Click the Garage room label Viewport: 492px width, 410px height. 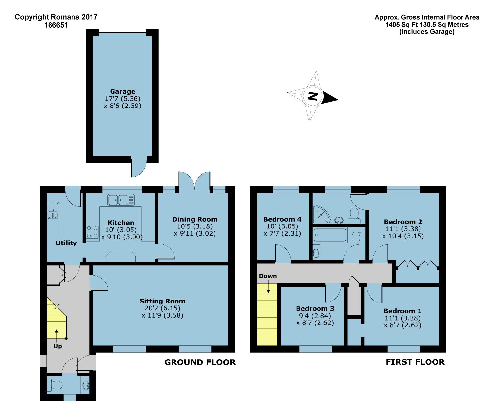[x=123, y=91]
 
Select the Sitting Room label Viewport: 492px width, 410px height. [x=162, y=301]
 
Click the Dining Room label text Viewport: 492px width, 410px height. [x=195, y=219]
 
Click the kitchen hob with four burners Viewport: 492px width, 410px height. [x=92, y=232]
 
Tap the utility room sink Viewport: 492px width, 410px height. [x=53, y=210]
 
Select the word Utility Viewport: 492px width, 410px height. [x=66, y=243]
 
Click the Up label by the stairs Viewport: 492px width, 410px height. [x=58, y=346]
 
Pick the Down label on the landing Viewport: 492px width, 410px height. [x=268, y=276]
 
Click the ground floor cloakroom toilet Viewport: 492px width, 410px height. [x=54, y=385]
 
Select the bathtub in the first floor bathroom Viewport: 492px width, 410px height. [x=330, y=235]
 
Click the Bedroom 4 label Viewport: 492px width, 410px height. [x=282, y=219]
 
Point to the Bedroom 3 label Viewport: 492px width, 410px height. [x=315, y=308]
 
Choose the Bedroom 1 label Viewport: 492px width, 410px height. [x=402, y=311]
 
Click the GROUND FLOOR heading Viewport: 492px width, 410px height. [x=200, y=362]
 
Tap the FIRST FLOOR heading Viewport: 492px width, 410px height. [x=415, y=362]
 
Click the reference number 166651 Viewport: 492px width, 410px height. [x=56, y=25]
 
